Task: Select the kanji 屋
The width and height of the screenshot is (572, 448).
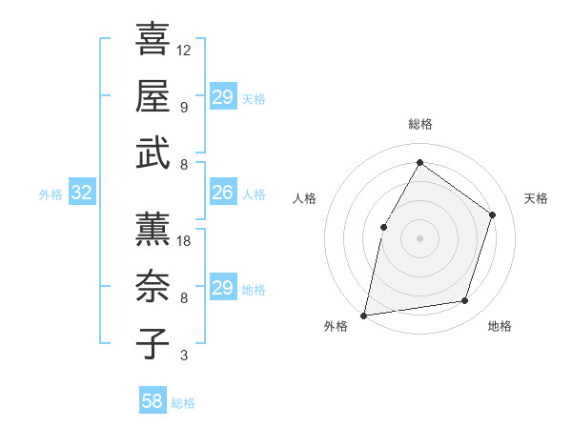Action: click(153, 96)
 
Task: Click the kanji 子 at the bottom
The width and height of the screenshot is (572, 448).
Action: click(153, 343)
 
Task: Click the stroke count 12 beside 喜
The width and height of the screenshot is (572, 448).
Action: click(184, 50)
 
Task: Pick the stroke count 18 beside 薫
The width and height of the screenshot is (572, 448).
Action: click(184, 241)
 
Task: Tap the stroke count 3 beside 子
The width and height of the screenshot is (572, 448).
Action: click(183, 356)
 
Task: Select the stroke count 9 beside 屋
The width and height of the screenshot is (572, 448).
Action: click(183, 107)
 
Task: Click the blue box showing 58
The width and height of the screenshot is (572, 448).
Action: click(153, 402)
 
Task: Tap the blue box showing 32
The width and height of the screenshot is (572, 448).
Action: click(82, 193)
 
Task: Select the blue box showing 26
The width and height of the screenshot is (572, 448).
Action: click(222, 193)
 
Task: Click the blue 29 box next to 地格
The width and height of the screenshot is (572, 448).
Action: click(222, 289)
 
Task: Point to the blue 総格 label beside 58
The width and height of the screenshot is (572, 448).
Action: click(183, 403)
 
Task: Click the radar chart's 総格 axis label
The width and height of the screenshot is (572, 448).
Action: click(419, 125)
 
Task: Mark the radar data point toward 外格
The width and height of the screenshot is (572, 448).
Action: click(364, 315)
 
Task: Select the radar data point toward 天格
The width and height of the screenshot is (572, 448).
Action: click(492, 214)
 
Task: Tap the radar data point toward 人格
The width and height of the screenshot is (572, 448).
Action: click(383, 227)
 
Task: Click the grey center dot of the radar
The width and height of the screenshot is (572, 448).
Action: click(419, 237)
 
